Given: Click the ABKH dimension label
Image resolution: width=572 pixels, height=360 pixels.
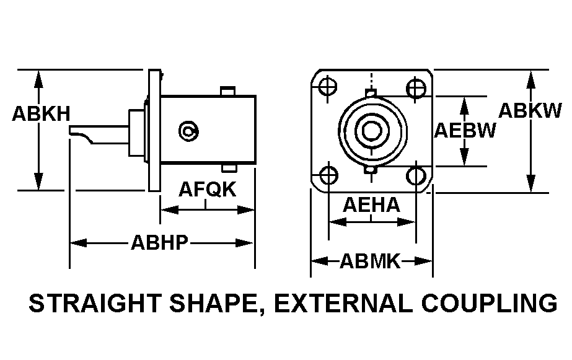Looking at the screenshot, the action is [x=42, y=113].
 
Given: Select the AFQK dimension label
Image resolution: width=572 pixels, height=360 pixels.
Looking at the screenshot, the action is [x=207, y=190].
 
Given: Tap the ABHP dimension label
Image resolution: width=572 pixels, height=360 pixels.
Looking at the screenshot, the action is [x=160, y=242].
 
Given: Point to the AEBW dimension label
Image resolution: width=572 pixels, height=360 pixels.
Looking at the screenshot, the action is [x=465, y=130].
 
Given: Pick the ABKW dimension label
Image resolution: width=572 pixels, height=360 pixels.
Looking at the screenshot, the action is [x=530, y=110].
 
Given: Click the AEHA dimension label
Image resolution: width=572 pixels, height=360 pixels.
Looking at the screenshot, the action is [x=371, y=205].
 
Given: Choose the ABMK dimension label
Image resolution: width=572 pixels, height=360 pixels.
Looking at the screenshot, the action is [x=370, y=261].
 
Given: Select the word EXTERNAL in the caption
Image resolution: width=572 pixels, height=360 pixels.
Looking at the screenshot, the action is [x=344, y=303].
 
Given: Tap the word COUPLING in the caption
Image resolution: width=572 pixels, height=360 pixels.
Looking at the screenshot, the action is [x=490, y=303].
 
